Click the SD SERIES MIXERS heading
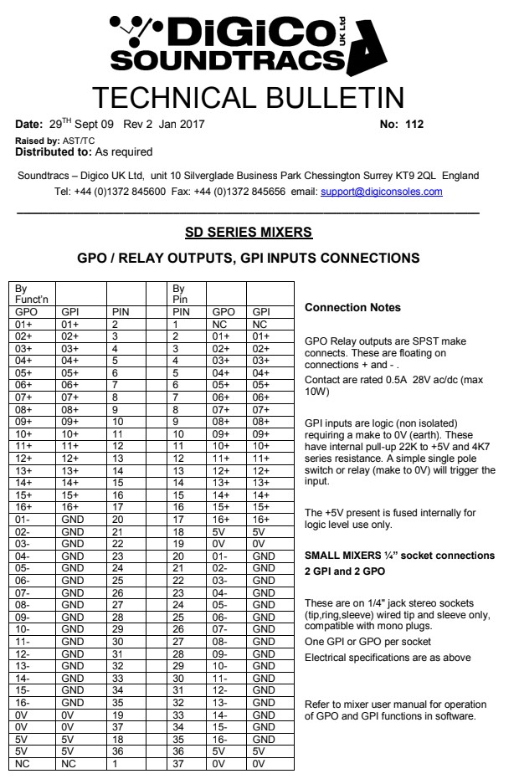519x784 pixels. coord(249,231)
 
